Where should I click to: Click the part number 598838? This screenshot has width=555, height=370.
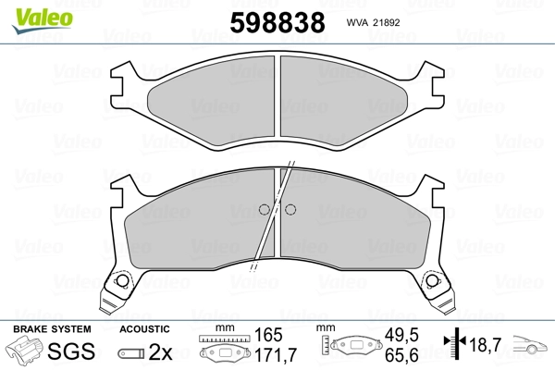[x=277, y=22]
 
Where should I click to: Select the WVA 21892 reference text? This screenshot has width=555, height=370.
[x=373, y=22]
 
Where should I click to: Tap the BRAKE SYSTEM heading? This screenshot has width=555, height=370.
[x=52, y=329]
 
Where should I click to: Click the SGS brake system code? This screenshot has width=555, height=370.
[x=71, y=351]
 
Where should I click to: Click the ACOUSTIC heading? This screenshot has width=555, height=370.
[x=144, y=329]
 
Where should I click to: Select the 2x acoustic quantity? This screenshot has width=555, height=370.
[x=160, y=351]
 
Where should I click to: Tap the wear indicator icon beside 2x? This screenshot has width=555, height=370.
[x=131, y=353]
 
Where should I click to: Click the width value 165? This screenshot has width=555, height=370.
[x=268, y=335]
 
